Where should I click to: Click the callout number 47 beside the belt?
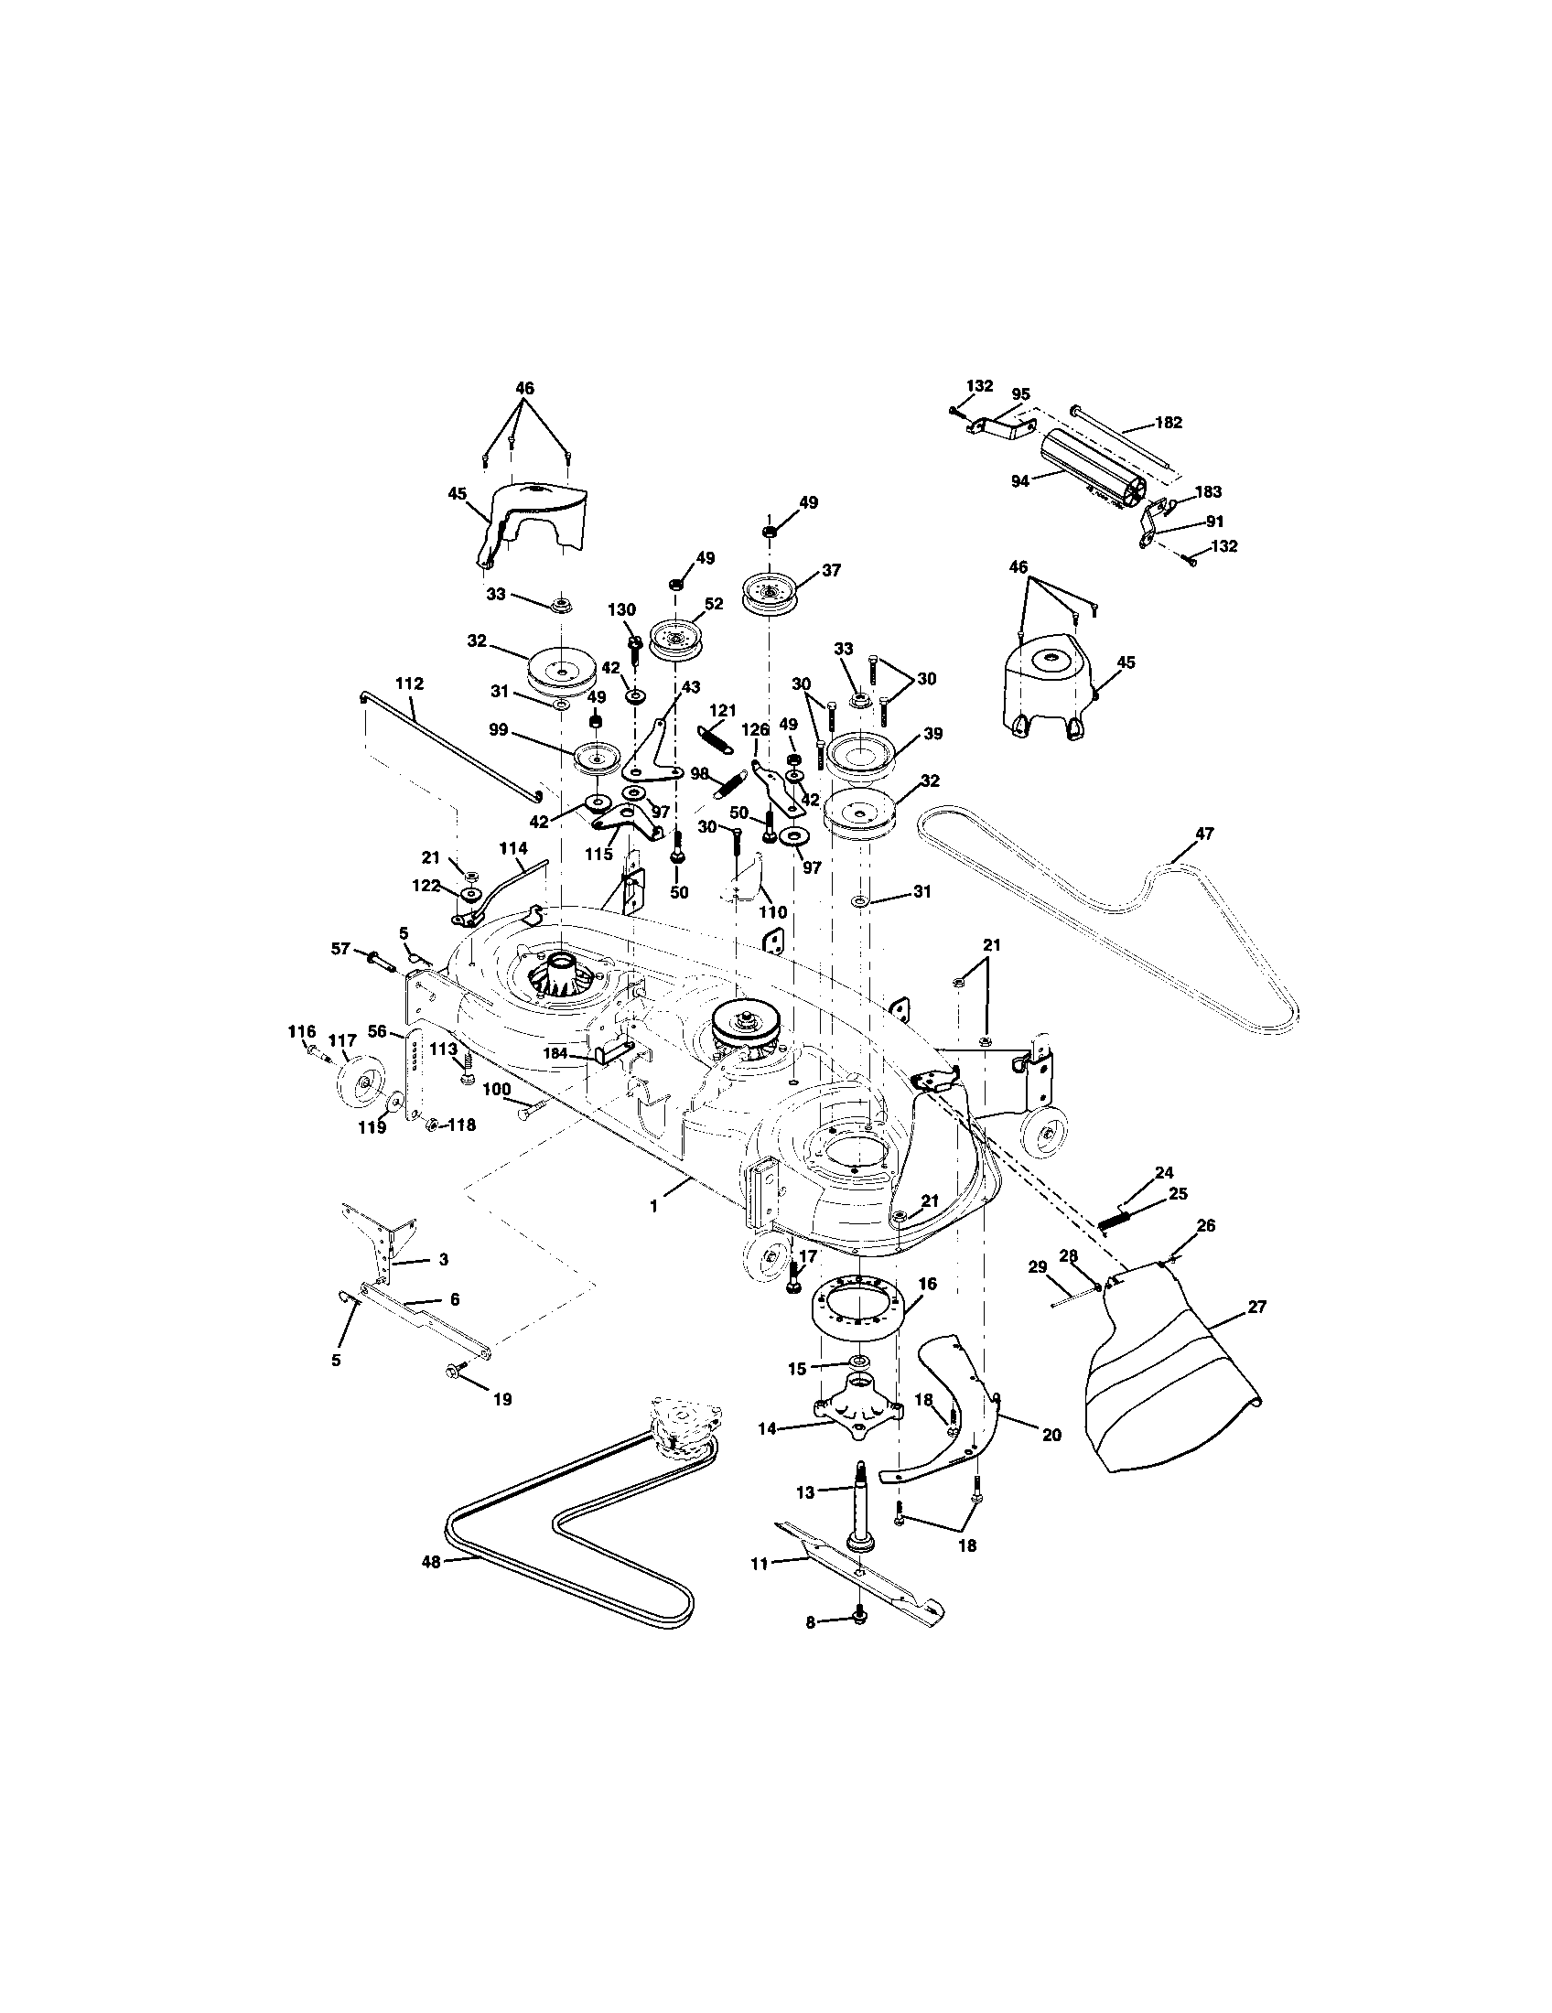(x=1203, y=834)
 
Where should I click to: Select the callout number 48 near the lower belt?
(x=431, y=1560)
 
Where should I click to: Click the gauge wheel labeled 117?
(x=355, y=1085)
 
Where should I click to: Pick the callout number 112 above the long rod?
(x=409, y=684)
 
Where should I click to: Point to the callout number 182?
(x=1168, y=423)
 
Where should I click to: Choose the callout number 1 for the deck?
(x=653, y=1206)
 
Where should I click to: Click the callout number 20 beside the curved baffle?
(x=1051, y=1435)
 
